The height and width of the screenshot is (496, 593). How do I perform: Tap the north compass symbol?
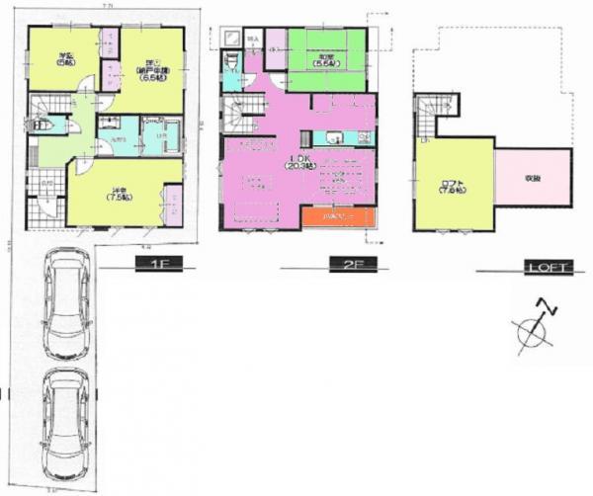point(537,327)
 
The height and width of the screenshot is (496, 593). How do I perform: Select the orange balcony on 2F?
point(335,215)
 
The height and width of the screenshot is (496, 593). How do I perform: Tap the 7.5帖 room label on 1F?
point(118,192)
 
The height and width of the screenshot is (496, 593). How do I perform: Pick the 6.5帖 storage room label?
point(150,73)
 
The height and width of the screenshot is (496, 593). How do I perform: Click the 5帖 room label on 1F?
point(66,58)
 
